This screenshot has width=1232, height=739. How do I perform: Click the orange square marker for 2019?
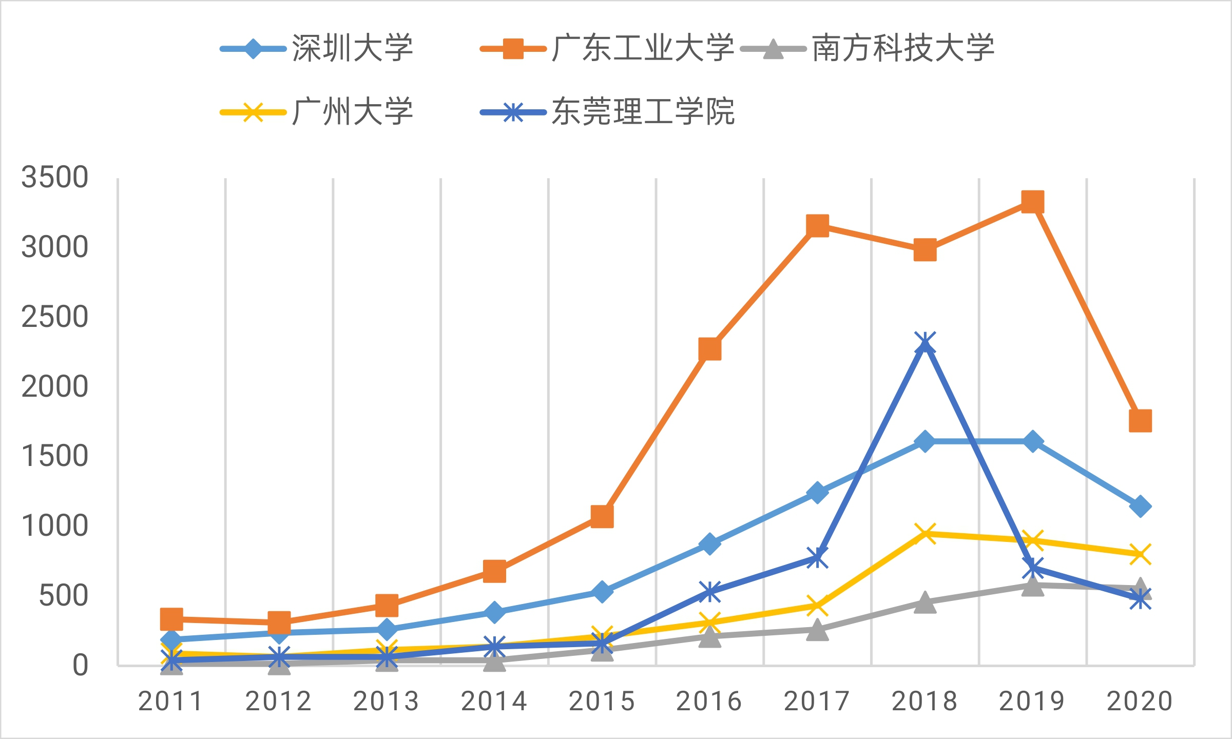(x=1032, y=202)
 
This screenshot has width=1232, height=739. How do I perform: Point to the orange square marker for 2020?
(x=1140, y=421)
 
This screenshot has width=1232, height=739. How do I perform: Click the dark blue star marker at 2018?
(x=925, y=343)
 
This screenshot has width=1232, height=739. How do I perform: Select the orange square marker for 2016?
(x=709, y=349)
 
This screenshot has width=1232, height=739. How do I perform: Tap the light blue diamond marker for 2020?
(x=1140, y=507)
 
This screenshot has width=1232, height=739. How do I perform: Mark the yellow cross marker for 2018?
(x=925, y=534)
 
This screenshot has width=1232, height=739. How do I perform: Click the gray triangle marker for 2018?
(x=925, y=602)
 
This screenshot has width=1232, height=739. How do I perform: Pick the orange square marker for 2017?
(x=817, y=226)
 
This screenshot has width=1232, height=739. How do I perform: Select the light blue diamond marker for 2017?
(x=817, y=493)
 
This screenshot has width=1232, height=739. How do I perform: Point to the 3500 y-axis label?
(x=54, y=178)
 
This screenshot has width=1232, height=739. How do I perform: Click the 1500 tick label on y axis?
(x=54, y=456)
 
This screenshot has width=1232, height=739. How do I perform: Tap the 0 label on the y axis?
(x=80, y=665)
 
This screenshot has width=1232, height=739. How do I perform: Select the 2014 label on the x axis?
(x=494, y=702)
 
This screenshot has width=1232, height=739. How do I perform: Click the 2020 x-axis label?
(x=1140, y=702)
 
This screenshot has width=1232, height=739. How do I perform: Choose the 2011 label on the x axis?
(x=171, y=702)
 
